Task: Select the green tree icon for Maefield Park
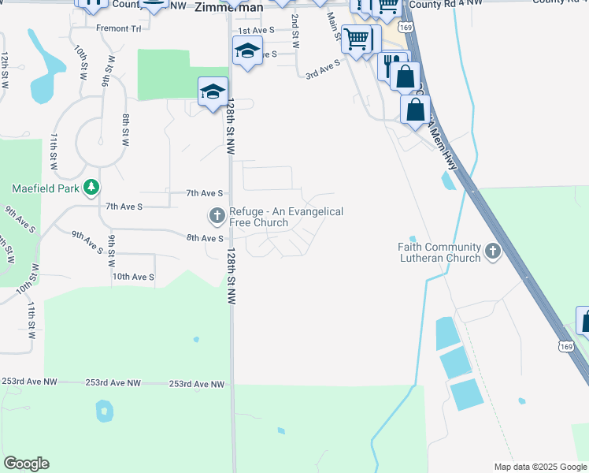tap(92, 187)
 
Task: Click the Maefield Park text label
tap(46, 188)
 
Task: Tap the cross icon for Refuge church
tap(217, 215)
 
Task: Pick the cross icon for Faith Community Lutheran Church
tap(493, 251)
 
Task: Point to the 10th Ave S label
tap(132, 277)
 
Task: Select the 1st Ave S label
tap(255, 29)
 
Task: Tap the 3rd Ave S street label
tap(322, 73)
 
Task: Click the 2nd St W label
tap(295, 31)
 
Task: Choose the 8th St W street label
tap(125, 130)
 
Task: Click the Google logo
tap(26, 464)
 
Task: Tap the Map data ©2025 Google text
tap(539, 467)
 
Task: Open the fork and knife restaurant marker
tap(391, 64)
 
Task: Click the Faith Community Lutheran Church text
tap(439, 252)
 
